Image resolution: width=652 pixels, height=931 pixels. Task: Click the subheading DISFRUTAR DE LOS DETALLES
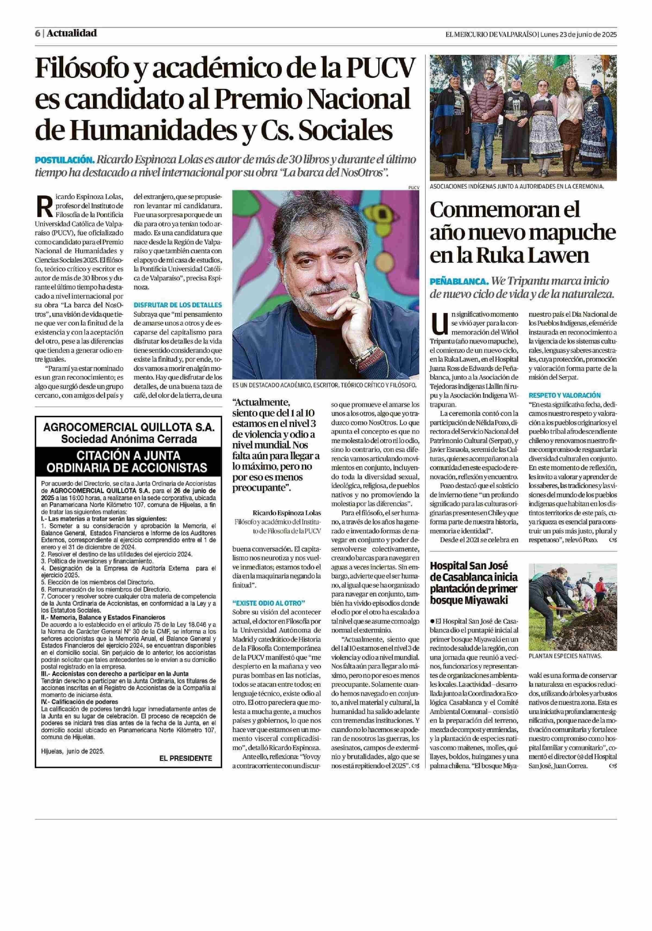[x=178, y=305]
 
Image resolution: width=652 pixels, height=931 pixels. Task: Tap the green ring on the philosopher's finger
[x=356, y=295]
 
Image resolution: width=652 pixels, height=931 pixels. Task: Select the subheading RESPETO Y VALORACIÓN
[x=564, y=395]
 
